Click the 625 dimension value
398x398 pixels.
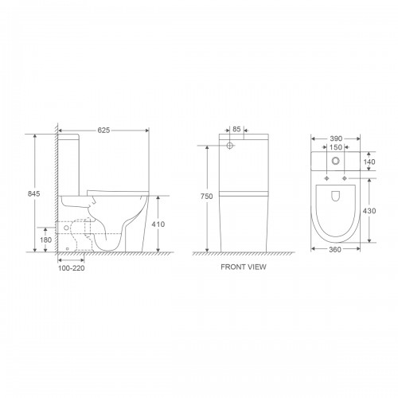103,131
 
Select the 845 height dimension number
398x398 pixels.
34,193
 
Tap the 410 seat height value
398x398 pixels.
158,224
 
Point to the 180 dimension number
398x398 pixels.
45,240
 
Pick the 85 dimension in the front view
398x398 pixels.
236,129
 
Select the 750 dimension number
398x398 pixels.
206,197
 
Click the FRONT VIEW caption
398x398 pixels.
244,267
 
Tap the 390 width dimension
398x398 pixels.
336,139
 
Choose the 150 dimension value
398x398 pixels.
336,147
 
